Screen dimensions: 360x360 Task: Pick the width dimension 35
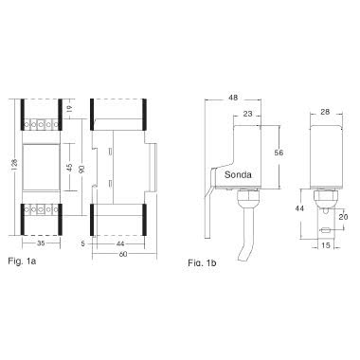(x=39, y=244)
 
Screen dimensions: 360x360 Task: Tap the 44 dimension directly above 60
(x=120, y=244)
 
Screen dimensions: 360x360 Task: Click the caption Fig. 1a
(x=20, y=259)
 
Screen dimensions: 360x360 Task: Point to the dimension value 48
(x=233, y=98)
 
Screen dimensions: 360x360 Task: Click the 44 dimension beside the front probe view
(x=298, y=207)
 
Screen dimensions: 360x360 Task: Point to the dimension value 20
(x=346, y=217)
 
